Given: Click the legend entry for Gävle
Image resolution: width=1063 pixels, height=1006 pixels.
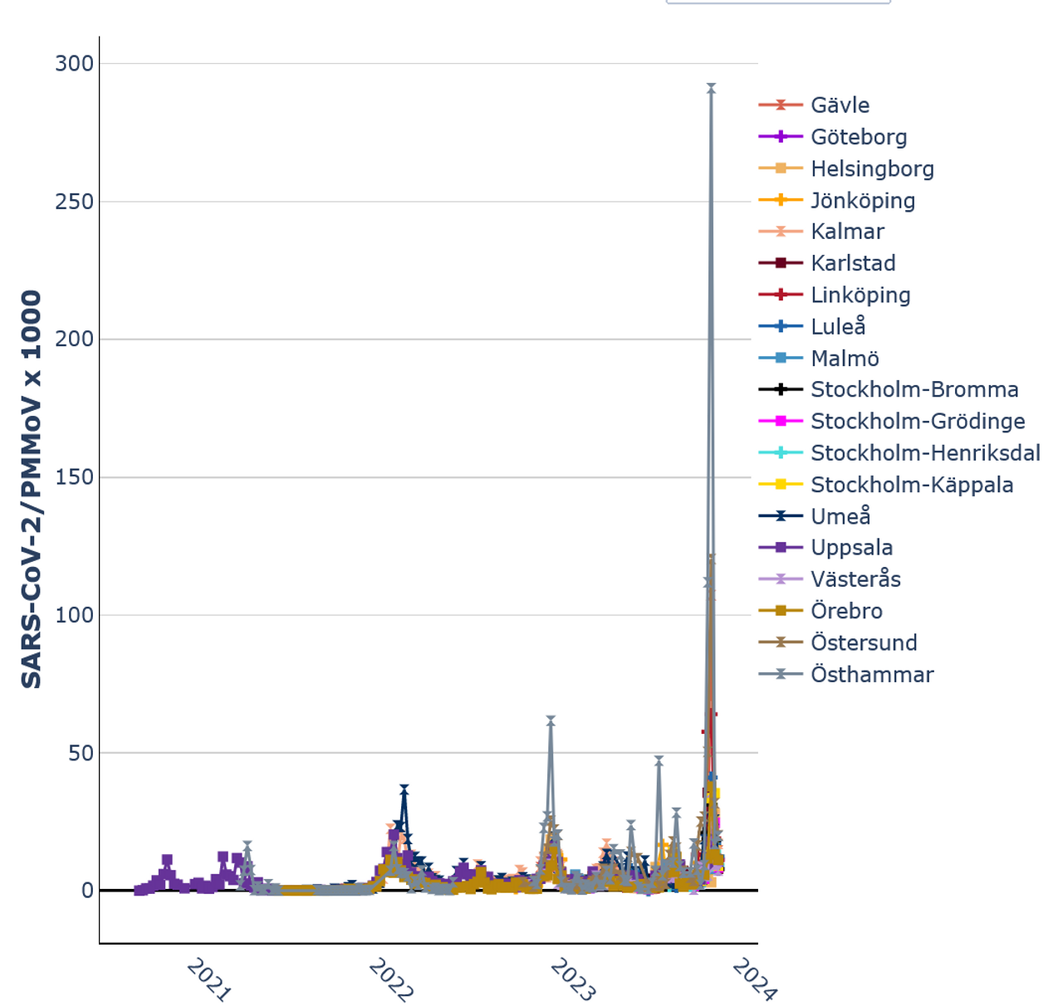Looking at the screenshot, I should [840, 105].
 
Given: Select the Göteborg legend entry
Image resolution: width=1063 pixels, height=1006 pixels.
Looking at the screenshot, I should [858, 137].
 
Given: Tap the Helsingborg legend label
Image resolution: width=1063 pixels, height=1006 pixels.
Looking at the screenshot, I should [872, 168].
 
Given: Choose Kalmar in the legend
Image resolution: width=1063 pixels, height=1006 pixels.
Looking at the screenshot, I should [847, 232].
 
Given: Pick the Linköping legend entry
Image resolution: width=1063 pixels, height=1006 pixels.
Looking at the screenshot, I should [860, 295].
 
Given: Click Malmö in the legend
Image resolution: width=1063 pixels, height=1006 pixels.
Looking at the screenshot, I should [845, 359].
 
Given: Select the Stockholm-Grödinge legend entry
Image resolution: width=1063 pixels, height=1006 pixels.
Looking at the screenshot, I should [918, 422].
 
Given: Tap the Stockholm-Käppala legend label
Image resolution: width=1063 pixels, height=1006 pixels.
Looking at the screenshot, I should [912, 485].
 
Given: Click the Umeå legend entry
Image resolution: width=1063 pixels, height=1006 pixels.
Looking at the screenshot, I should [840, 516].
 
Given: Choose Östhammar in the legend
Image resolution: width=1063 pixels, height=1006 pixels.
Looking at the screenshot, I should [872, 675].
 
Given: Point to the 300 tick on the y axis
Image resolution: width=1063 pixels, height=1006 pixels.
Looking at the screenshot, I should [75, 64].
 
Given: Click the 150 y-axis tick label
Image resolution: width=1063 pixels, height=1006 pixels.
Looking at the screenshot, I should [75, 477].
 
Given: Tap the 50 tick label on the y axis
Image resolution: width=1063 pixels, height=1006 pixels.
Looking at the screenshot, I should [80, 754].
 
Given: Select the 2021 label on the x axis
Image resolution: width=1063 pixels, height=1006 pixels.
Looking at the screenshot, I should [208, 979].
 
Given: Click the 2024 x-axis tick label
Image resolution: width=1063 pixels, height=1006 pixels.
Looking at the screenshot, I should [754, 979].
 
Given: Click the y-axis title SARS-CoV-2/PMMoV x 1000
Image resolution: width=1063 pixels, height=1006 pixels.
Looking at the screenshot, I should [32, 490].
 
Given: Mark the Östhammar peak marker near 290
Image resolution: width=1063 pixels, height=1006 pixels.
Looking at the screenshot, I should [711, 87].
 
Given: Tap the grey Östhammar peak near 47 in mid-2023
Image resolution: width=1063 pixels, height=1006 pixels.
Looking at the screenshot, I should [659, 759].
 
